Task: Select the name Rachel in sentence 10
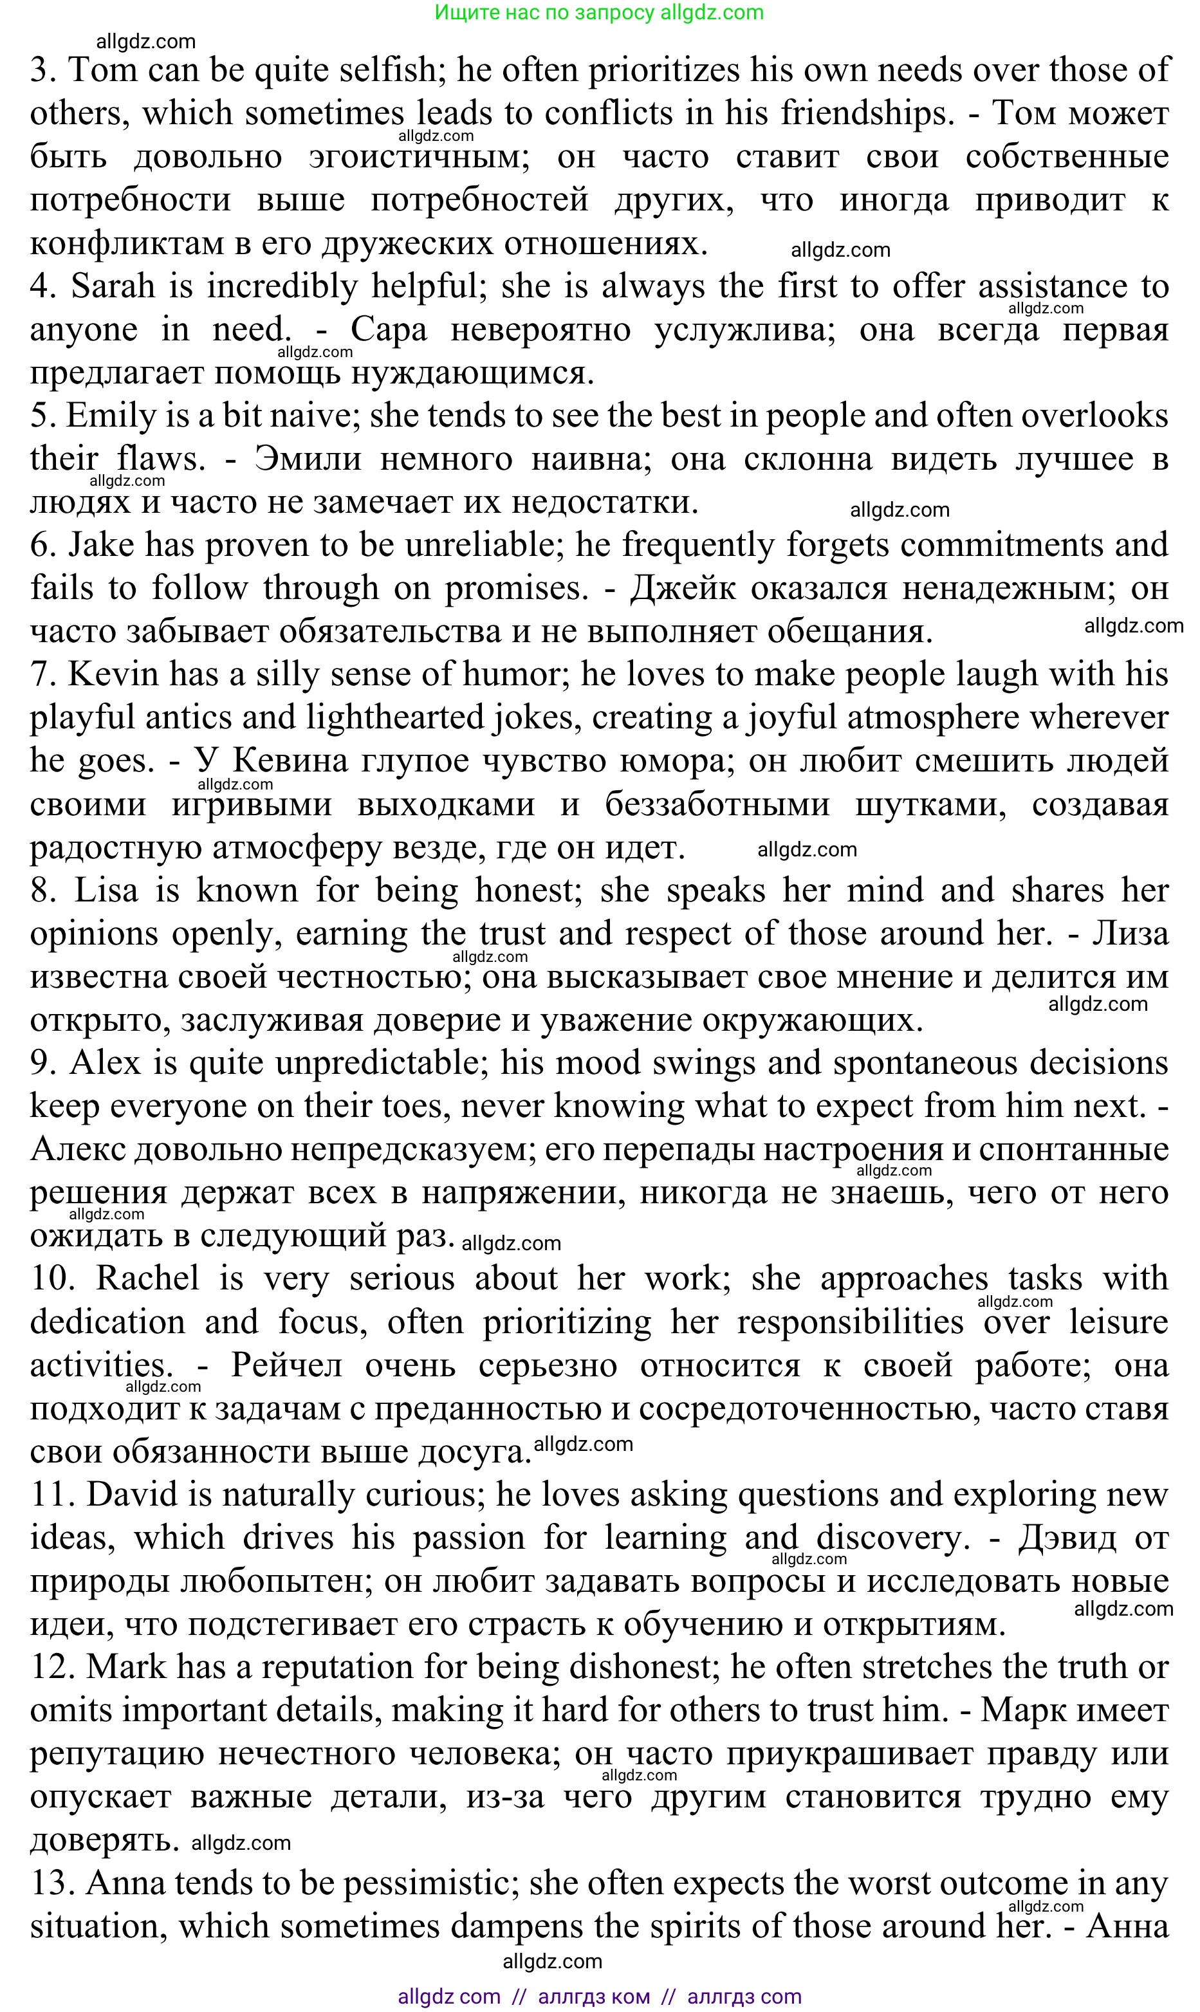[147, 1280]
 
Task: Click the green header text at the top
[599, 12]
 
